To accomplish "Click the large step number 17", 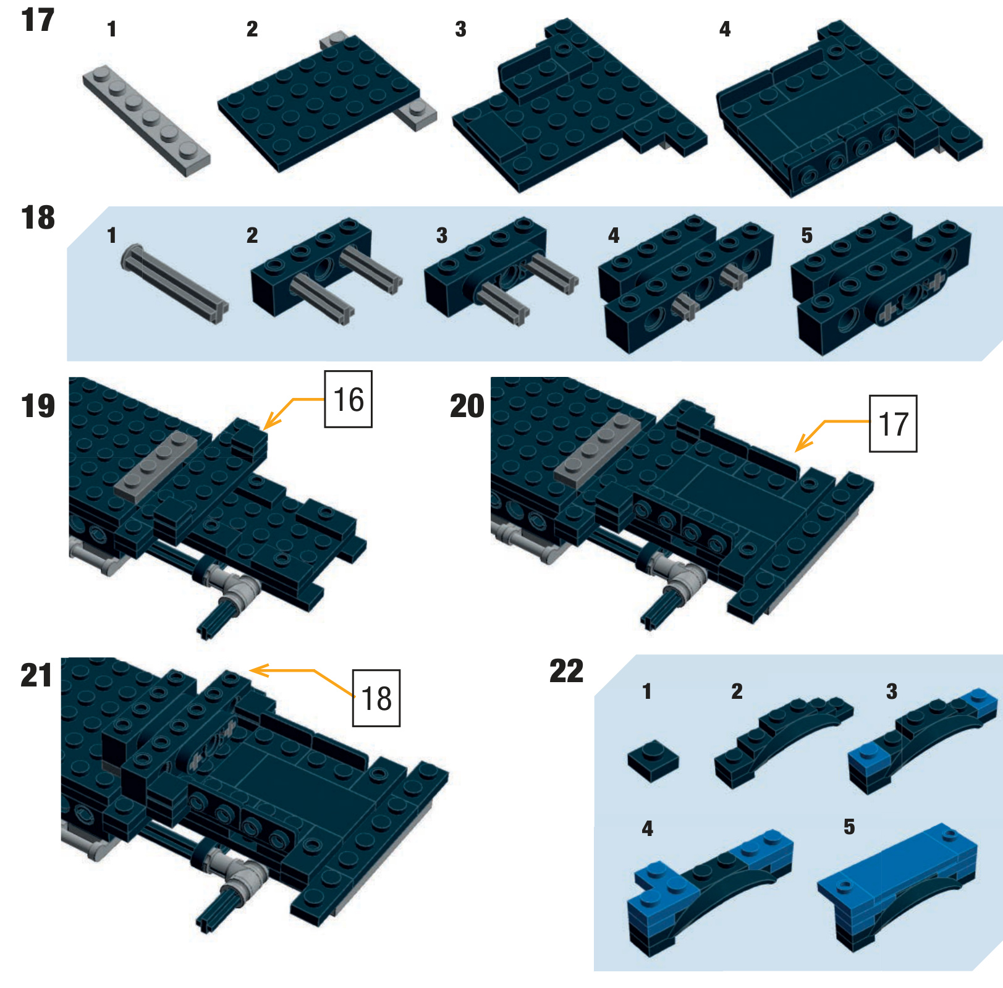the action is [38, 20].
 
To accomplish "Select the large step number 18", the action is [38, 217].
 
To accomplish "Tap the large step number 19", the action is [38, 406].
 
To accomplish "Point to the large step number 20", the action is [467, 406].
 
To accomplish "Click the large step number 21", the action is [36, 675].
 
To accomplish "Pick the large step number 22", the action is [566, 671].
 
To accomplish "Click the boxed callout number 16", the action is [349, 399].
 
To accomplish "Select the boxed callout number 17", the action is [893, 424].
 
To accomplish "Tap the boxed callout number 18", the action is [376, 698].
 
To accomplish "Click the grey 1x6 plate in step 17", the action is [146, 120].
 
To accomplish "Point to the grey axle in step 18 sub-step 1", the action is [175, 284].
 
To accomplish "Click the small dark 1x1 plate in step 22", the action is [653, 760].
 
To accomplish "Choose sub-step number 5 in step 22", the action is [849, 827].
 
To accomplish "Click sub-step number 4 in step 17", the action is [725, 29].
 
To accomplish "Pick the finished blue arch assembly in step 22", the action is [897, 887].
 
